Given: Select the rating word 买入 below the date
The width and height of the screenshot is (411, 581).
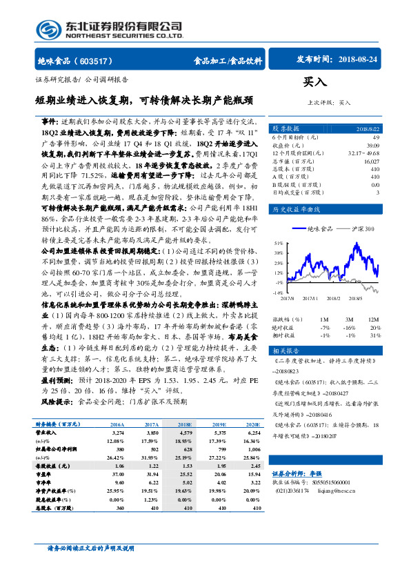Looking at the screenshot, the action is tap(315, 81).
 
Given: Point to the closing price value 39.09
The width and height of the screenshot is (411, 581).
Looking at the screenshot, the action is tap(373, 146).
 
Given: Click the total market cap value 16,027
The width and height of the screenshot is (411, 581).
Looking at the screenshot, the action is tap(370, 161).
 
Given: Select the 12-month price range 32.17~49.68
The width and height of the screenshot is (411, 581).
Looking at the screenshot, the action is tap(365, 153).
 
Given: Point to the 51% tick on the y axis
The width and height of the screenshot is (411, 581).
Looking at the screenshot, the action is tap(278, 243).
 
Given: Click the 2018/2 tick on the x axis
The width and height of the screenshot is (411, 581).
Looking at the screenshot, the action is tap(334, 298).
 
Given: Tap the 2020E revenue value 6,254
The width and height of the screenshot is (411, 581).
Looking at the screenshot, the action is tap(254, 433).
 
